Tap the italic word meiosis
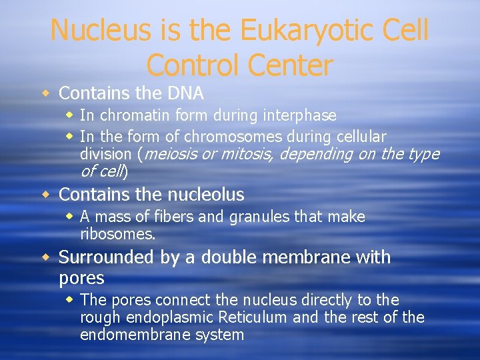(x=167, y=154)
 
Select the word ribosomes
(x=117, y=234)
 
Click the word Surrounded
(x=106, y=257)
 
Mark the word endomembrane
(x=134, y=335)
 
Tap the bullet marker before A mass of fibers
(x=70, y=217)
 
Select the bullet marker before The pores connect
(x=70, y=300)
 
